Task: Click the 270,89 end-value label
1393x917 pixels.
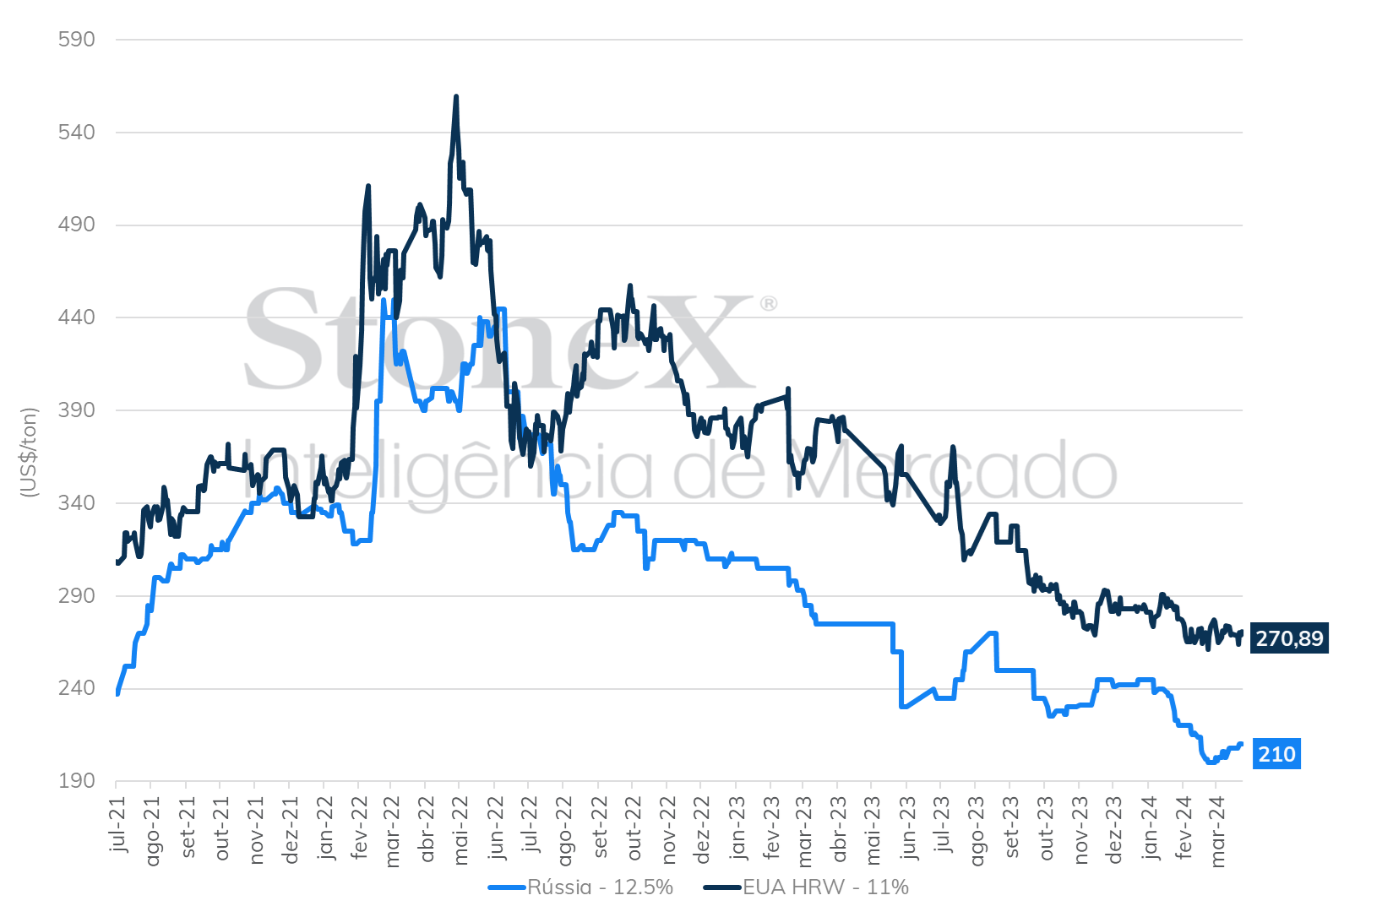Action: (x=1289, y=638)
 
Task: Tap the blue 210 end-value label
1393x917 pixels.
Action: (x=1276, y=754)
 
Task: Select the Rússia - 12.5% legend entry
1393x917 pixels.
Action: (x=581, y=887)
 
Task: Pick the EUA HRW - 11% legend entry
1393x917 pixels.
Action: (x=807, y=887)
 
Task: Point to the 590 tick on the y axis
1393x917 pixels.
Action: (x=77, y=40)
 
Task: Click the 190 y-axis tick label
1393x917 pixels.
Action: (x=77, y=781)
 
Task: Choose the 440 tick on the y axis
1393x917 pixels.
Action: (x=77, y=317)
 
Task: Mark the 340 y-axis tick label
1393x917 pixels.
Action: (x=77, y=503)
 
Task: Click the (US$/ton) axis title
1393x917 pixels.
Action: (x=30, y=453)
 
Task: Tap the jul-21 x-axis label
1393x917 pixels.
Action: (x=118, y=823)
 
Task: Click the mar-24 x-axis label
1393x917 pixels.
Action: (x=1217, y=831)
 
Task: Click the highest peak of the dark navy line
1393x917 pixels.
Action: (x=456, y=96)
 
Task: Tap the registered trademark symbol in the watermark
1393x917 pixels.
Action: (x=769, y=303)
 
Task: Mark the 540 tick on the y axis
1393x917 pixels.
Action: (x=77, y=133)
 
